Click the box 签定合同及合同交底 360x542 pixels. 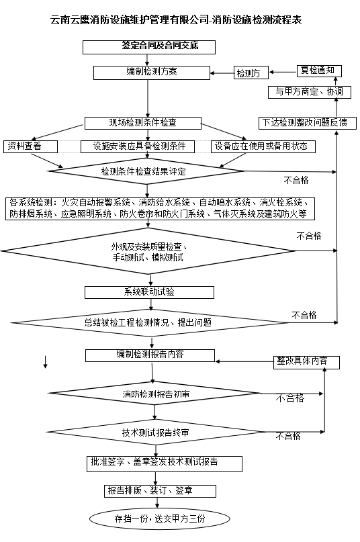(x=149, y=47)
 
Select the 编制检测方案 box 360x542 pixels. (x=152, y=73)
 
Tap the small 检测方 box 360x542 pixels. (x=251, y=73)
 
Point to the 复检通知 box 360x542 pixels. (x=319, y=71)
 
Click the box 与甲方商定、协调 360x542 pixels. (x=310, y=92)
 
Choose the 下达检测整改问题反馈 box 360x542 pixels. (x=308, y=123)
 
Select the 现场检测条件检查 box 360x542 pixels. (x=143, y=123)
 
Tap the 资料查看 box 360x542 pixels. (x=30, y=146)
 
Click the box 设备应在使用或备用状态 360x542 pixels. (x=263, y=146)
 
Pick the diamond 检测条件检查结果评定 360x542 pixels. (x=146, y=171)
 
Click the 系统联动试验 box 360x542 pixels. (x=149, y=292)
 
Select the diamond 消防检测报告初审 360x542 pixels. (x=154, y=394)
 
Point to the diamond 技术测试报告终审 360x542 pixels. (x=156, y=432)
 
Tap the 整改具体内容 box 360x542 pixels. (x=306, y=362)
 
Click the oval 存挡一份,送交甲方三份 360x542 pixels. (x=159, y=518)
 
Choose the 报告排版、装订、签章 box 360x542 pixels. (x=160, y=491)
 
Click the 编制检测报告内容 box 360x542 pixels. (x=150, y=355)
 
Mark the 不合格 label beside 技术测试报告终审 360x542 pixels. (x=288, y=437)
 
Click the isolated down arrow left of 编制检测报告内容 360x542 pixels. (x=45, y=361)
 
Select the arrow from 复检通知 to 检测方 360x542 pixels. (x=283, y=72)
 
